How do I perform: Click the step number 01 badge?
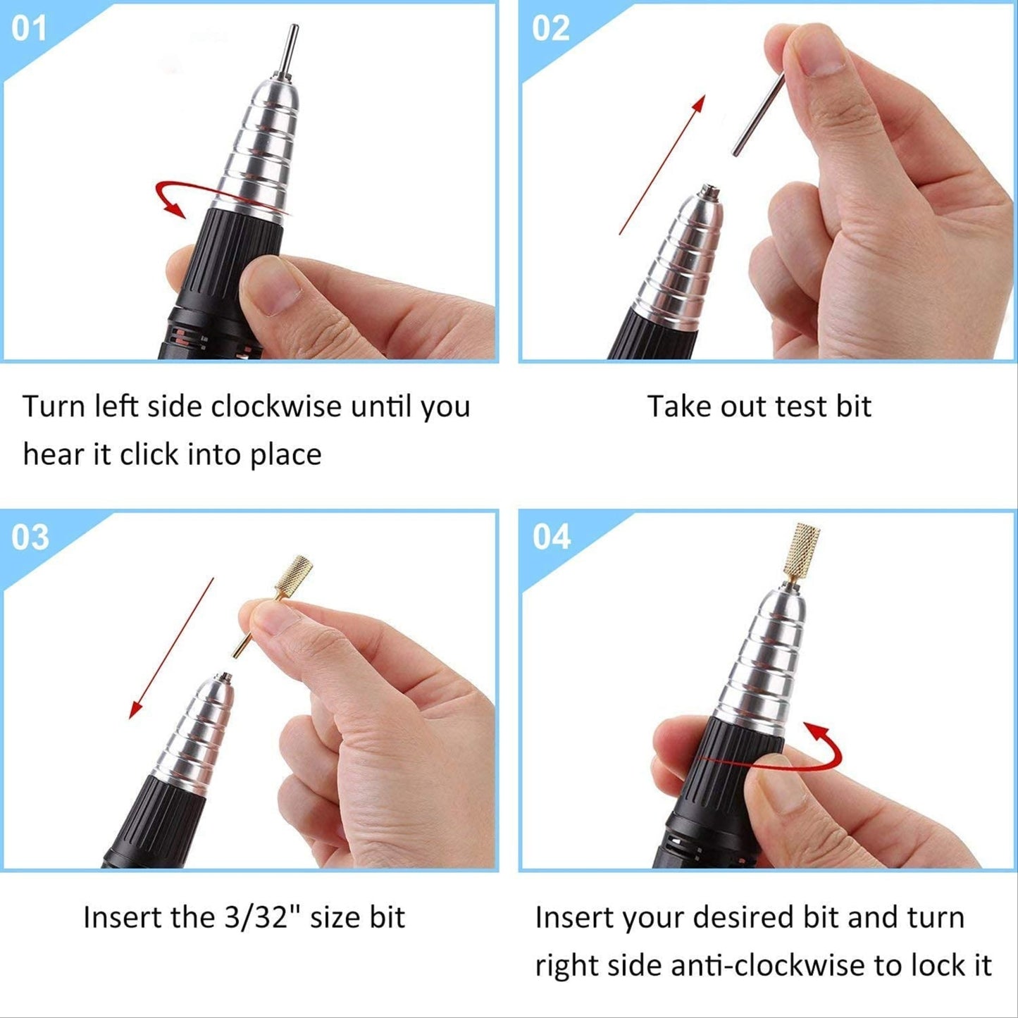[29, 29]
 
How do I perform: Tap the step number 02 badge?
[550, 29]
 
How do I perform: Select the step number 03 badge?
[30, 538]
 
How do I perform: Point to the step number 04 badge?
[552, 538]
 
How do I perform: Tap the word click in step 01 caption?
[149, 454]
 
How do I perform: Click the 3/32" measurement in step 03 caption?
[259, 917]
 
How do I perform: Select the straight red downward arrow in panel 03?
[172, 647]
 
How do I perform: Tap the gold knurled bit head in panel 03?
[294, 576]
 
